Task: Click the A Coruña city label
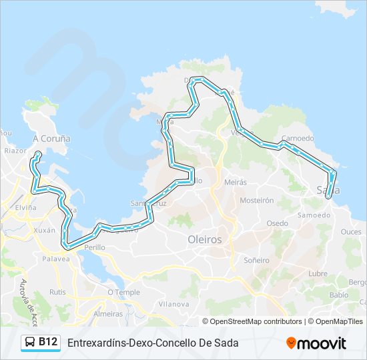[51, 139]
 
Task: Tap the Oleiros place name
[205, 239]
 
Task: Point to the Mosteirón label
[257, 200]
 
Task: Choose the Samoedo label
[314, 215]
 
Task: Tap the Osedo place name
[278, 223]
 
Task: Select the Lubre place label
[318, 273]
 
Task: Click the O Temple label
[124, 292]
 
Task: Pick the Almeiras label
[108, 313]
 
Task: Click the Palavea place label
[56, 259]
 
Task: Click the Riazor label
[14, 151]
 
